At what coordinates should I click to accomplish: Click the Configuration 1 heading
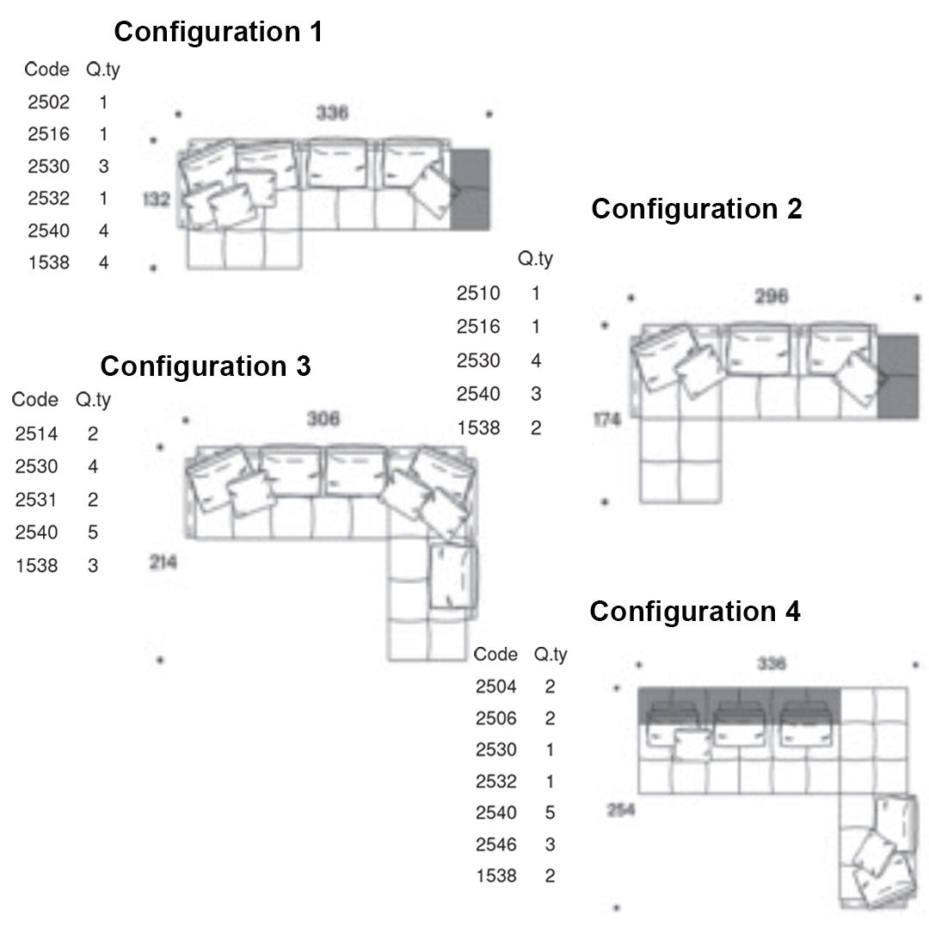pos(218,33)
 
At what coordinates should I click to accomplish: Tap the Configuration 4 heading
pos(695,612)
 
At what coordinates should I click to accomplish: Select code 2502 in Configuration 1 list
pos(49,102)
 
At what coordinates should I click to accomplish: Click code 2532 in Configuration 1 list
pos(49,199)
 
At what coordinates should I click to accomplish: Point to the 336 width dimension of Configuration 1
pos(332,113)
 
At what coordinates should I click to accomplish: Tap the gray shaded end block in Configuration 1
pos(470,189)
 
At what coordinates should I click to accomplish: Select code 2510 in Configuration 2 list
pos(478,293)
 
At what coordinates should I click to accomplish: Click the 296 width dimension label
pos(772,297)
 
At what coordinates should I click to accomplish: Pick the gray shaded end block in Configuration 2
pos(898,376)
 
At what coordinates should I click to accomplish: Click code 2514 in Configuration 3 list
pos(36,434)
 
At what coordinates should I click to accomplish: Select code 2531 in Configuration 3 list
pos(36,500)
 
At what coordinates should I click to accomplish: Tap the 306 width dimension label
pos(323,419)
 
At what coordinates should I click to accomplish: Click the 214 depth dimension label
pos(163,563)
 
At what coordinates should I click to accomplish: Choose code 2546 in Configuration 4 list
pos(496,845)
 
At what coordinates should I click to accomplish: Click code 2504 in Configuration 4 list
pos(496,686)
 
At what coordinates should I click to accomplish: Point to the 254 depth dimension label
pos(621,809)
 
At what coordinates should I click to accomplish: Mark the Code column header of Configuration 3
pos(35,400)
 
